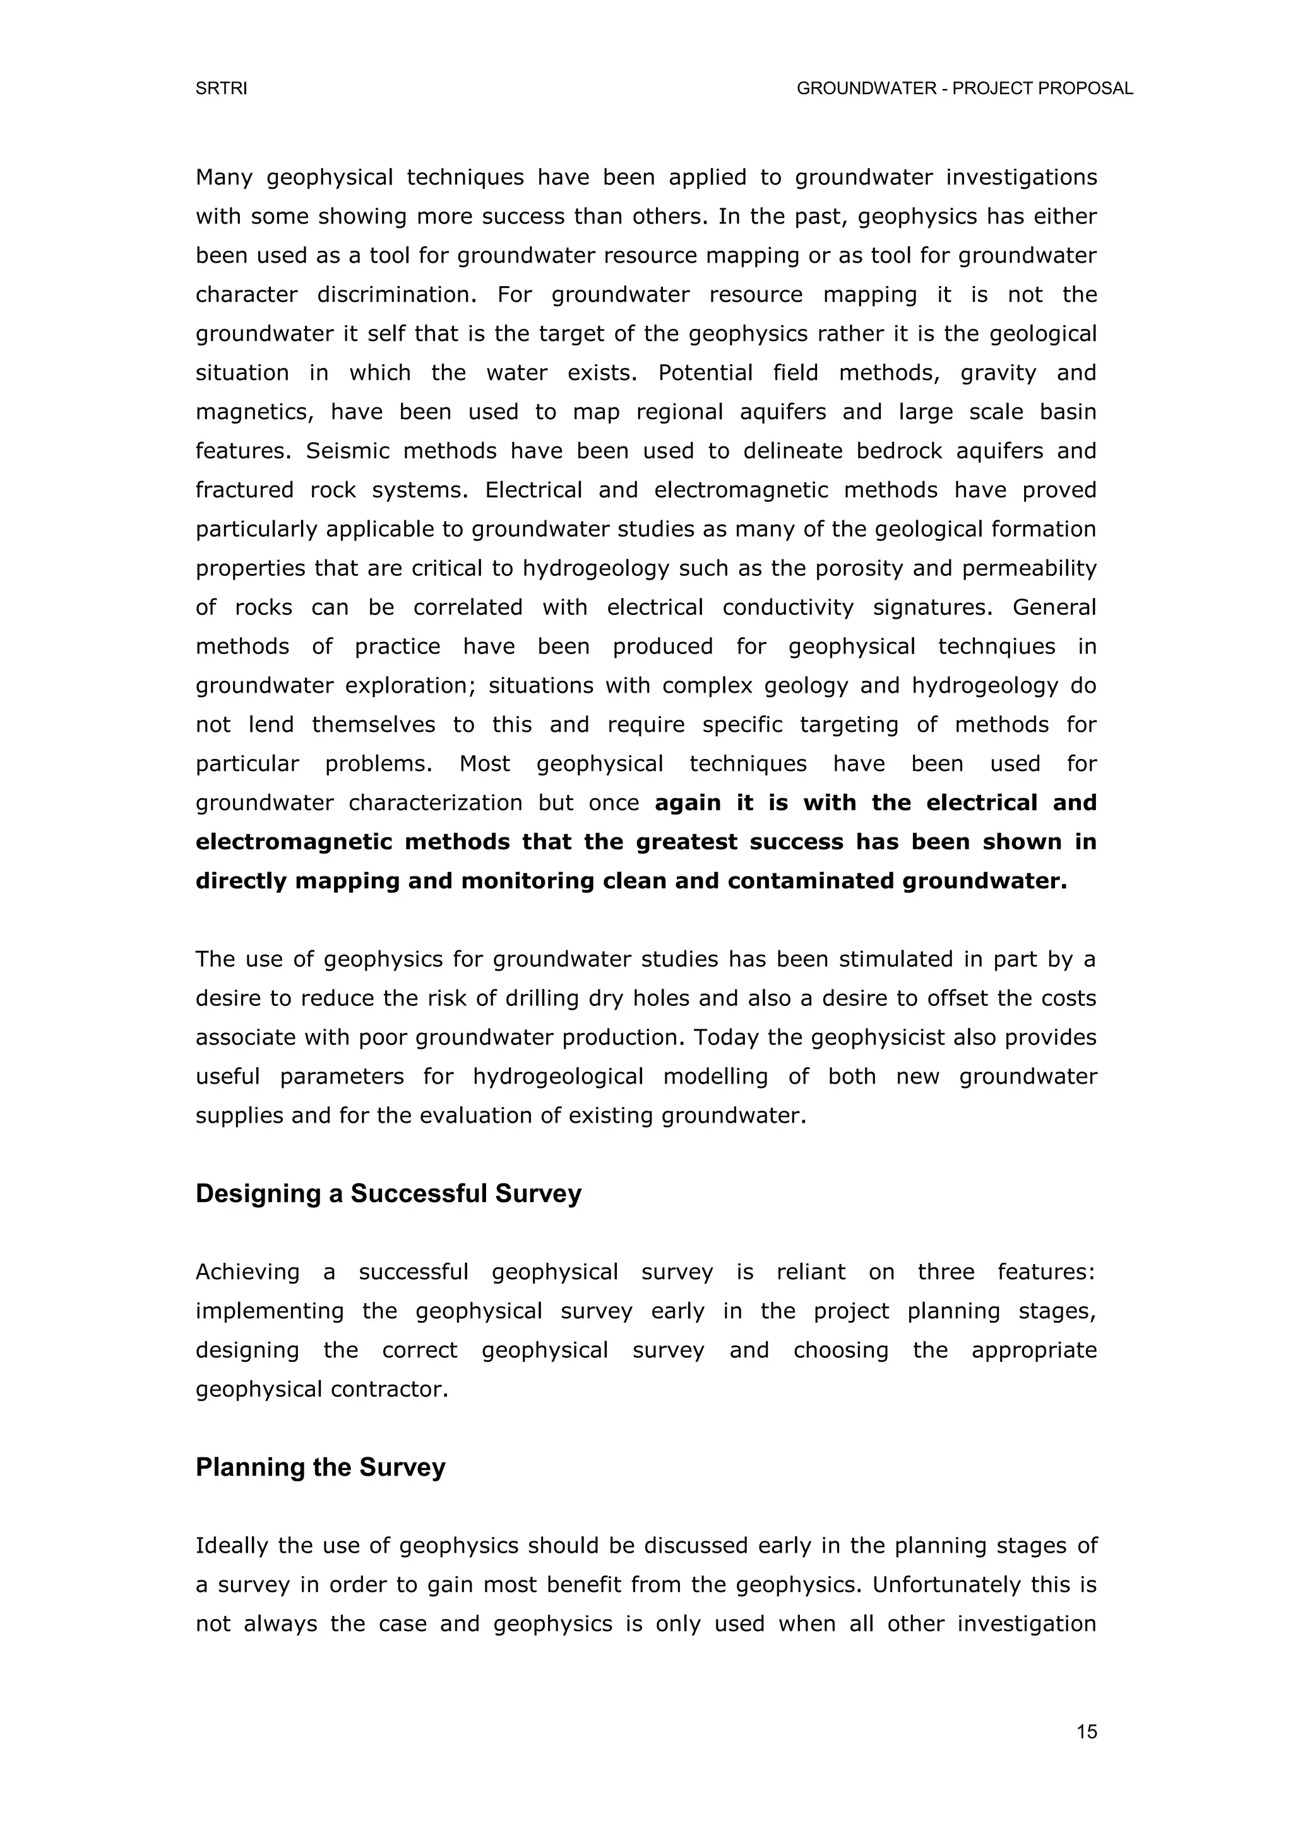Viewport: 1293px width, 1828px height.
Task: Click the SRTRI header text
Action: coord(222,89)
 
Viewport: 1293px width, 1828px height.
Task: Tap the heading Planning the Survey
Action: coord(320,1467)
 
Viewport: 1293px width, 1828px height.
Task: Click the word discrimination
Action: coord(396,296)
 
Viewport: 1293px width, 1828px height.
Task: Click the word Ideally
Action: coord(232,1546)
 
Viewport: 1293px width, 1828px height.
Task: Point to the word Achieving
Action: coord(247,1272)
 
